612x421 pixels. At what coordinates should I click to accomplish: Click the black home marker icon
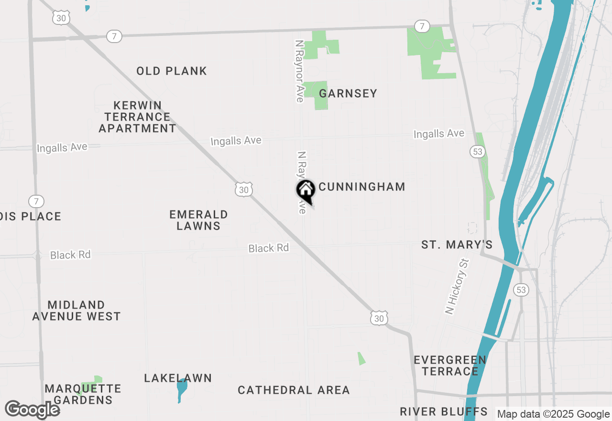coord(306,191)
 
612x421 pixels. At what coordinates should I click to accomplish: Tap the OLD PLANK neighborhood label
coord(172,71)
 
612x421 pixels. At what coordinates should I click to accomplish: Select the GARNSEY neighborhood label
coord(348,93)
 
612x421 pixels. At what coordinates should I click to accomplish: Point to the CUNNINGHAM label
coord(362,187)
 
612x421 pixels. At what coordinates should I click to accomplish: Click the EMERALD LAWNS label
coord(198,220)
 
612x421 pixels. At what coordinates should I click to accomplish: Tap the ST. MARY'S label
coord(457,245)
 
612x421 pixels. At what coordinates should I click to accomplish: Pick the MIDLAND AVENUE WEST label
coord(76,310)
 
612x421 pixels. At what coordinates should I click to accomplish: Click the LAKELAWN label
coord(178,378)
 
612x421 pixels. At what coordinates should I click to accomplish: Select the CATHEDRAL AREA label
coord(294,390)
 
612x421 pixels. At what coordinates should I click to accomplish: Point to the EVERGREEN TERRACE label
coord(450,366)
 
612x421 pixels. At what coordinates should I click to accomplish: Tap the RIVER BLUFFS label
coord(444,411)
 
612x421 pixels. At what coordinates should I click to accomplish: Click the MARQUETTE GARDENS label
coord(83,394)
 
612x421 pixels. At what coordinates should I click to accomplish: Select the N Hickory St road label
coord(458,287)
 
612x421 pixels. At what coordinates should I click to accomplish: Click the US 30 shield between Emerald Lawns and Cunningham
coord(244,189)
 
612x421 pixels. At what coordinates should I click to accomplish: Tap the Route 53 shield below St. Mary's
coord(521,289)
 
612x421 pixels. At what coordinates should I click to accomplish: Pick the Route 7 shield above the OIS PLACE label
coord(36,201)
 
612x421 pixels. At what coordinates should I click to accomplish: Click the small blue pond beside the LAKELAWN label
coord(181,388)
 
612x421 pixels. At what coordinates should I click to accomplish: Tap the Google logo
coord(32,410)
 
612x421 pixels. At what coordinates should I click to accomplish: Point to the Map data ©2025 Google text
coord(553,414)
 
